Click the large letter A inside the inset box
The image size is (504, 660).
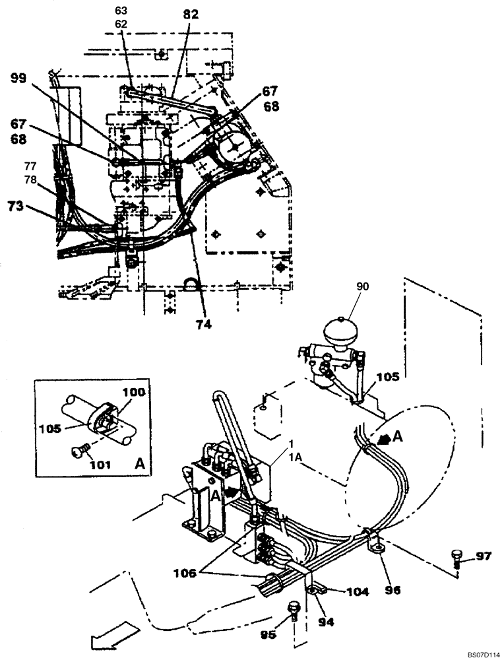tap(139, 464)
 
